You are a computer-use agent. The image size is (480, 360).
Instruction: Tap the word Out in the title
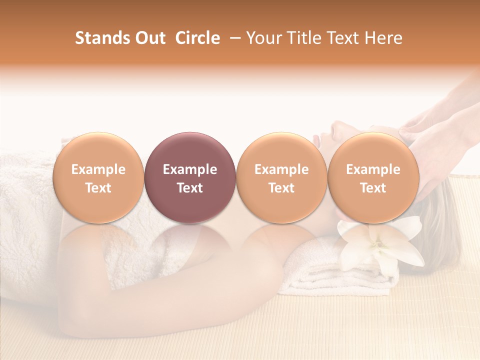(149, 38)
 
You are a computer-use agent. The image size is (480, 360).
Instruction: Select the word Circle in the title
(197, 38)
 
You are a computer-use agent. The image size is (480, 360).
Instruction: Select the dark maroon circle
(190, 177)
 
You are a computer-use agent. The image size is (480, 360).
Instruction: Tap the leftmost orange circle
(98, 177)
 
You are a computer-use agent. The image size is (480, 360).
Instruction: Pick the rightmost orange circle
(373, 177)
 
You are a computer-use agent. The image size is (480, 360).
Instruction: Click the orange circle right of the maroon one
(281, 177)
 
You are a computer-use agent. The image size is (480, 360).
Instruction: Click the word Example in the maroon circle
(190, 169)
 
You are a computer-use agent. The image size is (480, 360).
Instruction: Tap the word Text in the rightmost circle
(373, 188)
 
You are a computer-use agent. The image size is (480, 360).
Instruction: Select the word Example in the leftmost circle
(98, 169)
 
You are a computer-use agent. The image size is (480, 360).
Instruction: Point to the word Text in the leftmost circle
(98, 188)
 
